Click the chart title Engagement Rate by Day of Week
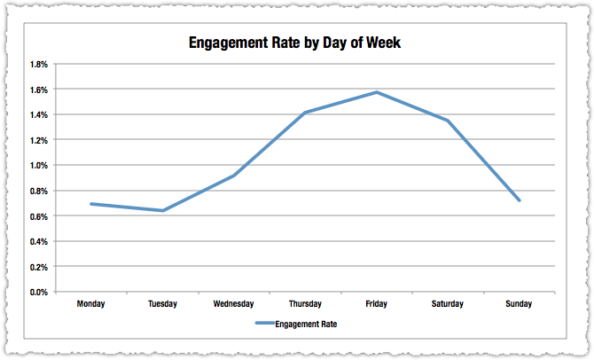(296, 43)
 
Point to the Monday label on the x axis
(91, 304)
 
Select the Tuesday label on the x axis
(162, 304)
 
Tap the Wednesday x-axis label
(234, 304)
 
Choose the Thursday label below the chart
(305, 304)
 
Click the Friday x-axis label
(376, 304)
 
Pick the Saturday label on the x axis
(447, 304)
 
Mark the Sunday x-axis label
(519, 304)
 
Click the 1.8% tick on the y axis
(39, 65)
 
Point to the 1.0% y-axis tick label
(39, 166)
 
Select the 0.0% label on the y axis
(39, 292)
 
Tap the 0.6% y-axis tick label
(39, 216)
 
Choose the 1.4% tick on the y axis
(39, 115)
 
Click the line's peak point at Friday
(376, 92)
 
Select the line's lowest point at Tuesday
(162, 210)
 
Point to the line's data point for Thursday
(305, 113)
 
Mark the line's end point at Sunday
(519, 200)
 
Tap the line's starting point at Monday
(91, 204)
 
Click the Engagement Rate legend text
(307, 325)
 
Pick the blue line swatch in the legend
(265, 325)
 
